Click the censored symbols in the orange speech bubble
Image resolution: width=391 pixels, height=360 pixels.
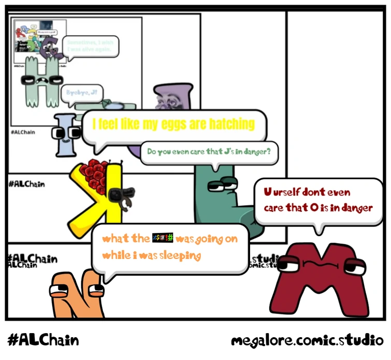[x=163, y=239]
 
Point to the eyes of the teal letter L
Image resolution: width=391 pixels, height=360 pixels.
[x=222, y=184]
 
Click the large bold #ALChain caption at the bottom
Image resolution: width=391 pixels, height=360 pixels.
[x=44, y=340]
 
